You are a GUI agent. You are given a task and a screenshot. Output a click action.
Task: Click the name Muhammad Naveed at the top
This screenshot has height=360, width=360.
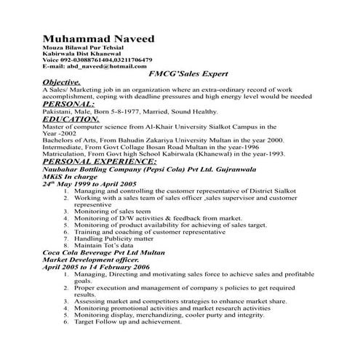(x=98, y=38)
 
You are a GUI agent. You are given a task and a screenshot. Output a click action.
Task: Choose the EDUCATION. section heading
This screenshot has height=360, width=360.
(x=71, y=119)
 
